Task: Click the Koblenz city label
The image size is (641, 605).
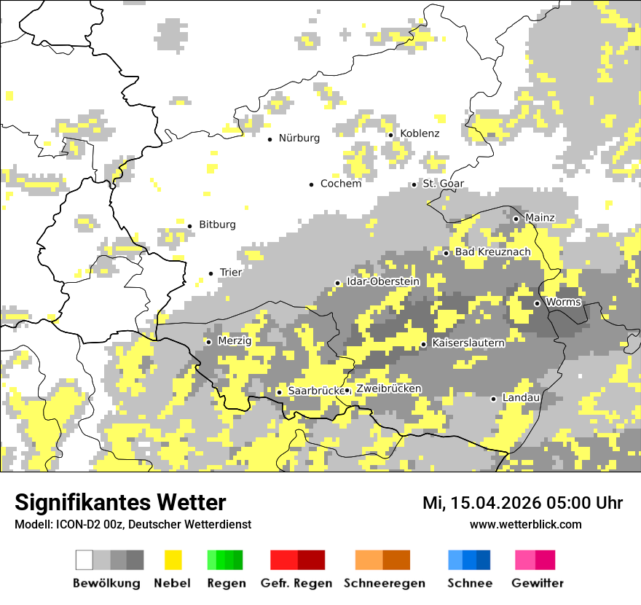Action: (420, 133)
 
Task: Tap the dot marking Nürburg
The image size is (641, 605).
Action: (270, 138)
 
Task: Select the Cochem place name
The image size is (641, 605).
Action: (341, 184)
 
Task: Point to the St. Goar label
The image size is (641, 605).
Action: (443, 184)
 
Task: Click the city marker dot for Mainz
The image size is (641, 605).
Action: (516, 219)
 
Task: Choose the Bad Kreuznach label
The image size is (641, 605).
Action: (492, 252)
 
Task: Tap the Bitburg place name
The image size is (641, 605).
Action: (217, 225)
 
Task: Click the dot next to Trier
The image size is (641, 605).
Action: (211, 273)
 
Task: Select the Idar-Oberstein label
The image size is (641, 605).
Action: (383, 281)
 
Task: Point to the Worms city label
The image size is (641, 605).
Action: (563, 302)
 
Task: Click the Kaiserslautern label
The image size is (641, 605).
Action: (468, 343)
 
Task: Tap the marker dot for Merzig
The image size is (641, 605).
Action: (208, 342)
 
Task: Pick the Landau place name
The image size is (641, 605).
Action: (521, 398)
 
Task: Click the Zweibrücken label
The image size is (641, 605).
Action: (388, 389)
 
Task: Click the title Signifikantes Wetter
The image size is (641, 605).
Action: (120, 502)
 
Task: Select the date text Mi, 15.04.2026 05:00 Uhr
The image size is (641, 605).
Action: (522, 503)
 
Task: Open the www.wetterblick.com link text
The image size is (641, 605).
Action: (525, 525)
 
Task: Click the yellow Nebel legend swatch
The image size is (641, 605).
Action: (173, 560)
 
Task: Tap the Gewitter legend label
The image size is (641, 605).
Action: (537, 583)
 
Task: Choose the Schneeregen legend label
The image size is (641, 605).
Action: (384, 583)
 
